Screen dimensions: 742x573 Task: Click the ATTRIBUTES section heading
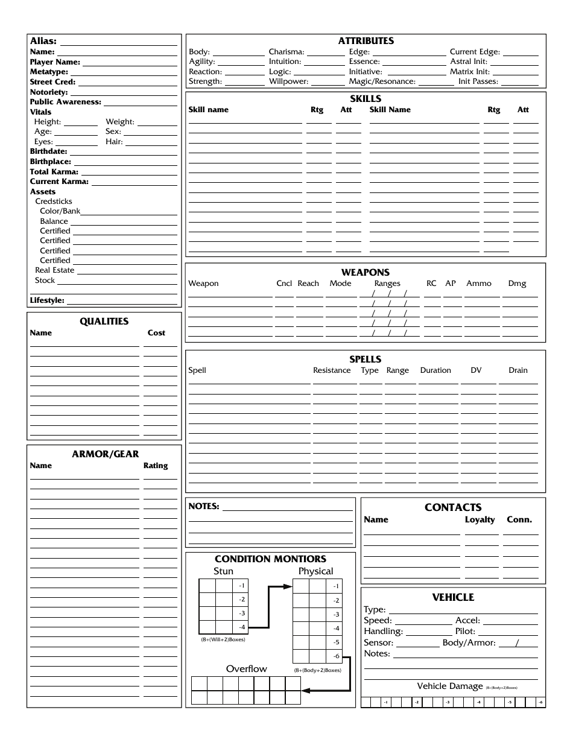[366, 41]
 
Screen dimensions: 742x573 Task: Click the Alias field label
[43, 42]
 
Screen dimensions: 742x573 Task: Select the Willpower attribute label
[288, 81]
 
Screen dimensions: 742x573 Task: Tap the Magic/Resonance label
[382, 81]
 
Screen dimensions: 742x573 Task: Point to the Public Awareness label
[66, 102]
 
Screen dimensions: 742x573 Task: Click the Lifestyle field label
[47, 300]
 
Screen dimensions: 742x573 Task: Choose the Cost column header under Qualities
[156, 333]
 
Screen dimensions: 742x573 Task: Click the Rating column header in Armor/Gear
[156, 466]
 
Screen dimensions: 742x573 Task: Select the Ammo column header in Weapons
[479, 284]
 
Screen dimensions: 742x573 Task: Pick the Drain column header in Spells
[518, 370]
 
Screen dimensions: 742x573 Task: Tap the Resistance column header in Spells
[332, 370]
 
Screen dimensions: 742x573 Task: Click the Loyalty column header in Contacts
[480, 519]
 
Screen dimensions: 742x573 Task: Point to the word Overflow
[246, 668]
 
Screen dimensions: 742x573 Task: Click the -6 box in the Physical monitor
[336, 656]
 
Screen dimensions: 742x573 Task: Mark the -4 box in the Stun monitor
[241, 627]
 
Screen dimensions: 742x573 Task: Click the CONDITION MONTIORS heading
[270, 559]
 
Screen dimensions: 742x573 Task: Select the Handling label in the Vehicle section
[383, 631]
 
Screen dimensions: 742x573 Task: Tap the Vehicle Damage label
[450, 686]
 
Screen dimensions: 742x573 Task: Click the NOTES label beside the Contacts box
[203, 506]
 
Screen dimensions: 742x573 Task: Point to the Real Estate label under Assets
[54, 270]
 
